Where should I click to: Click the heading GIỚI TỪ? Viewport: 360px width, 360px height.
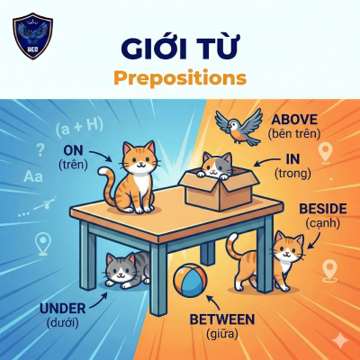180,46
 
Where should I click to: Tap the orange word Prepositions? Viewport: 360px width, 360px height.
180,77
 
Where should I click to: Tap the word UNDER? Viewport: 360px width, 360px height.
64,309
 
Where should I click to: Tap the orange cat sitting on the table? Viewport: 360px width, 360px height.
134,175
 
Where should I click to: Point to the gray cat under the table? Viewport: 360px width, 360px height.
123,270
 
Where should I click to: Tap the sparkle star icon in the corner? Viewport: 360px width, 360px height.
339,339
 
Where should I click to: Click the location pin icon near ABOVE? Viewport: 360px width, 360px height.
326,152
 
